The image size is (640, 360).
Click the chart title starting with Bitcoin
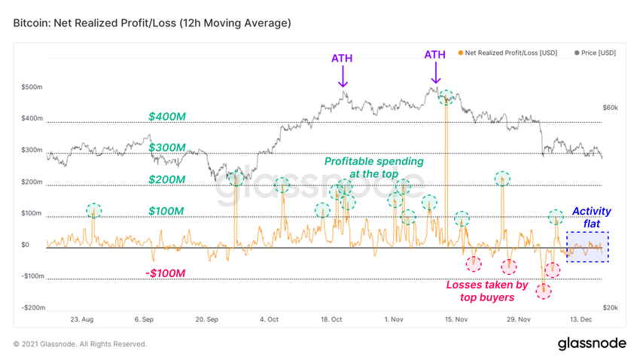[151, 23]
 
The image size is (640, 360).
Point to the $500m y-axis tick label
[33, 87]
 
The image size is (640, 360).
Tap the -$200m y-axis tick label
[32, 308]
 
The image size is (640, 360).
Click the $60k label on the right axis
[610, 108]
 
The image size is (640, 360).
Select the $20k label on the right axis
[610, 308]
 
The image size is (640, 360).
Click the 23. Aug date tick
[81, 319]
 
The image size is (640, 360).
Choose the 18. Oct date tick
[331, 319]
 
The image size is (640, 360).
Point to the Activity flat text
[592, 218]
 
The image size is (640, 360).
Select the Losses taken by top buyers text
[487, 291]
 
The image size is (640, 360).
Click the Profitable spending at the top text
[373, 167]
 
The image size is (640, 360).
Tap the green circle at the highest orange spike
[446, 97]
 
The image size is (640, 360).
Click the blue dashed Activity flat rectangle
[587, 247]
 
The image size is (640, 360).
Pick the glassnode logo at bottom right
[591, 343]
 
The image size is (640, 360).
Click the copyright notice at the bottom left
[81, 344]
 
